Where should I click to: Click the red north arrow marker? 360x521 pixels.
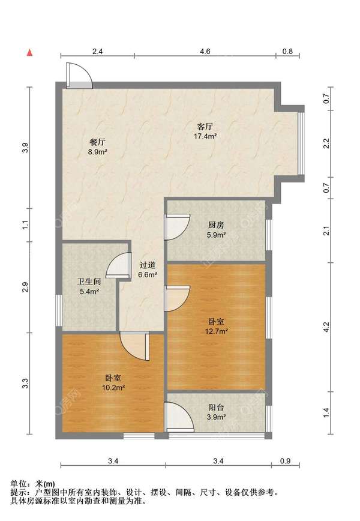click(29, 52)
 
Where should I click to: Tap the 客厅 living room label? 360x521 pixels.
click(205, 127)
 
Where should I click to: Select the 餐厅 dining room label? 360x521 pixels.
click(97, 142)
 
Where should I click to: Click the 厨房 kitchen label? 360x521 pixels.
click(216, 225)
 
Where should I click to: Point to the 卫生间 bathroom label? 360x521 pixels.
click(89, 282)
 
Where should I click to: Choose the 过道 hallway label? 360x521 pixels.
click(147, 265)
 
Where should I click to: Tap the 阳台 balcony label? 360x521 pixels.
click(216, 408)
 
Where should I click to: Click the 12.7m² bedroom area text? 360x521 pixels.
click(216, 331)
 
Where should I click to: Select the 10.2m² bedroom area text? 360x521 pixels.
click(113, 387)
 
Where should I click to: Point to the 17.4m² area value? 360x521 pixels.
click(205, 136)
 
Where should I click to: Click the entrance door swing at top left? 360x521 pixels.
click(79, 76)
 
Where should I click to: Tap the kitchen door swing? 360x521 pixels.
click(177, 227)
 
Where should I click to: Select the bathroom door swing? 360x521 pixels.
click(118, 265)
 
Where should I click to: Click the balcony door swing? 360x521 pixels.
click(179, 417)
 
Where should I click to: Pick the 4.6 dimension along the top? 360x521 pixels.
click(205, 51)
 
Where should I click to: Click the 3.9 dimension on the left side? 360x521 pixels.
click(25, 148)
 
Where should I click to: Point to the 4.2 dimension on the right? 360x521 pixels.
click(326, 327)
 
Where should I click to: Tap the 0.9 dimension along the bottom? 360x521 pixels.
click(285, 461)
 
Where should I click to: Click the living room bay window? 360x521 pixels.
click(301, 143)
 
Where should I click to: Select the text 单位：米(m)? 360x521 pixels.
click(32, 484)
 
